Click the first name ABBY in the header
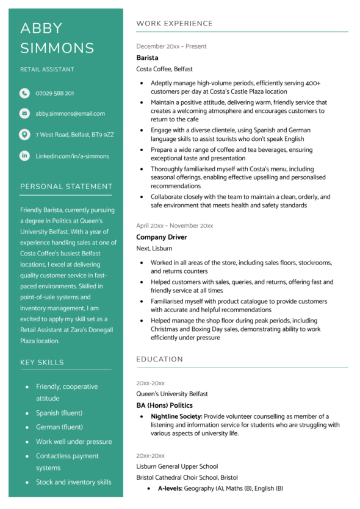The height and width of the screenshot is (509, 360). click(41, 28)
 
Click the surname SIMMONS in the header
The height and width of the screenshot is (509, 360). click(57, 49)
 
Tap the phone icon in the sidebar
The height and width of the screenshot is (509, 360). click(24, 93)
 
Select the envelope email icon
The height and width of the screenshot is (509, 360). click(24, 113)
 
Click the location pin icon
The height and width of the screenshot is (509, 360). click(24, 135)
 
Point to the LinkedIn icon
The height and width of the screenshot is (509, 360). click(24, 156)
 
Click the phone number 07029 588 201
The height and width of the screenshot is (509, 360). click(55, 93)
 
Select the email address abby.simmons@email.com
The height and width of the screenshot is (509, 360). click(70, 113)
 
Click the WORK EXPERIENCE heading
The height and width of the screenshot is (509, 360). click(175, 24)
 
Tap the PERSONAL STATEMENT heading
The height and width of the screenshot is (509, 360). click(67, 187)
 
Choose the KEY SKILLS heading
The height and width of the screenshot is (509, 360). click(42, 362)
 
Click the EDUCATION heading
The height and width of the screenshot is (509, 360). click(159, 360)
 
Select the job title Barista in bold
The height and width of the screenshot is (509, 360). click(147, 58)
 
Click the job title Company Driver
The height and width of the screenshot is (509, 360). click(162, 237)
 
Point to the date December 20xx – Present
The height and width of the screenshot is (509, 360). click(171, 46)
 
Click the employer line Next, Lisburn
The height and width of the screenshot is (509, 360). click(154, 249)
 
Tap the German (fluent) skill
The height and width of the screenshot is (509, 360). click(59, 427)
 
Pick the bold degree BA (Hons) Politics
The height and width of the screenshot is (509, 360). click(164, 405)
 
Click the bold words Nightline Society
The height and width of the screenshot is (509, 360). click(177, 416)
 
